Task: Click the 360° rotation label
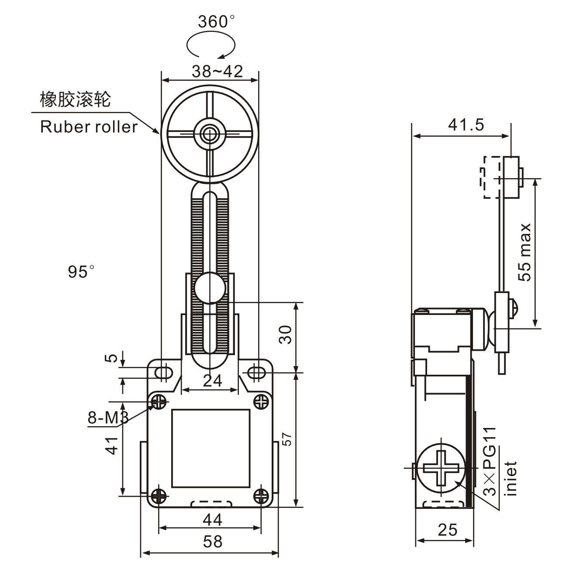click(x=216, y=21)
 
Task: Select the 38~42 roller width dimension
click(x=217, y=71)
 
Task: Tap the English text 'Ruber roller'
click(x=89, y=127)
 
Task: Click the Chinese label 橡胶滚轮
click(x=75, y=100)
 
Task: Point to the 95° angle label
click(x=81, y=272)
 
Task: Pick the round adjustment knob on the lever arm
click(x=210, y=288)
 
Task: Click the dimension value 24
click(x=213, y=381)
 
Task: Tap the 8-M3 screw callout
click(x=107, y=418)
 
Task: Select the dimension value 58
click(x=212, y=542)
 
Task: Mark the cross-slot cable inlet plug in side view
click(x=441, y=467)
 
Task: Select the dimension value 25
click(x=447, y=530)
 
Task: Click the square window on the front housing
click(x=211, y=449)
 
